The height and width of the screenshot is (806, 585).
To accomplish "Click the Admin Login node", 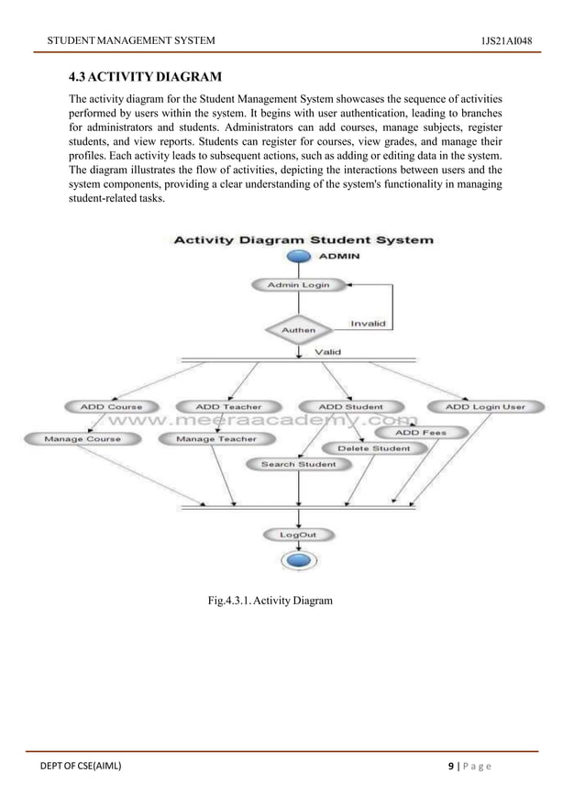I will point(297,285).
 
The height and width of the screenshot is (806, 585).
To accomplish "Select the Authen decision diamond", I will point(298,328).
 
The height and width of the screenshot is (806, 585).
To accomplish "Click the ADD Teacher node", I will point(228,406).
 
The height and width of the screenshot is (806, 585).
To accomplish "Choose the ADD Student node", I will point(350,406).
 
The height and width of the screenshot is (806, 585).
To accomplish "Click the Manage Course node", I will point(83,439).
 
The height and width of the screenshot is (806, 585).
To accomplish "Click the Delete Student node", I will point(374,448).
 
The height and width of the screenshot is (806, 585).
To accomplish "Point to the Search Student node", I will point(298,464).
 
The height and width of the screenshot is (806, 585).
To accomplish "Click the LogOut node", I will point(298,534).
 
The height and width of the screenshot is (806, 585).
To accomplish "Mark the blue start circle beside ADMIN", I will point(298,257).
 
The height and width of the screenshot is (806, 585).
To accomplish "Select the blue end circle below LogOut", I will point(298,559).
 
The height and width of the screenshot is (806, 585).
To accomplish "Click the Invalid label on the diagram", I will point(368,324).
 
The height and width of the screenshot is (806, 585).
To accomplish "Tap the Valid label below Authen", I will point(328,351).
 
